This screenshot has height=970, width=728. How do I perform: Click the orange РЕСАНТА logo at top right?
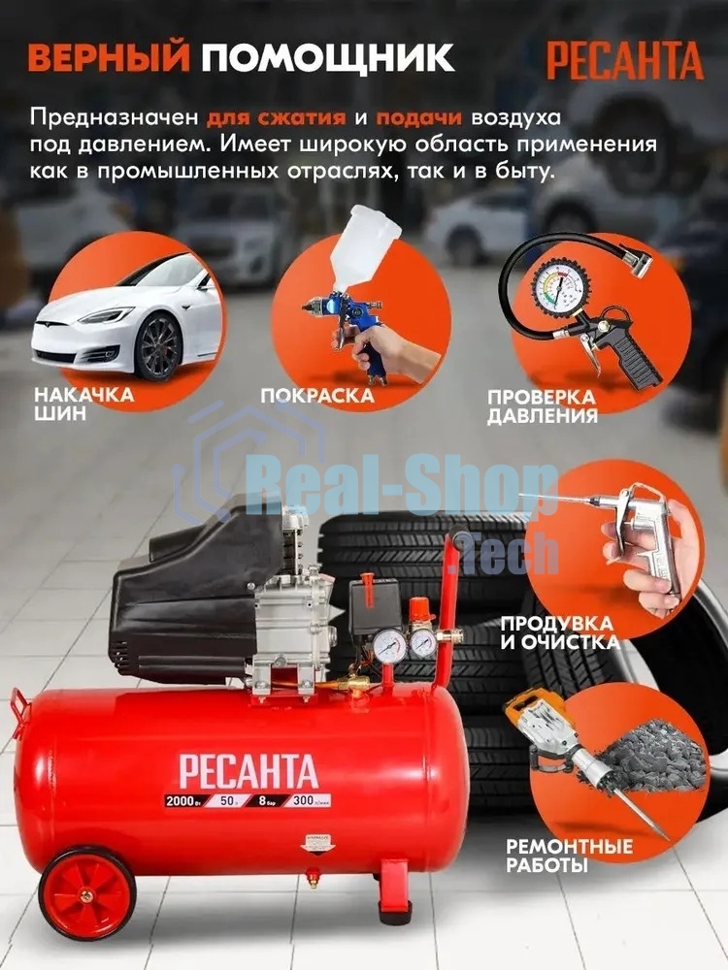[624, 60]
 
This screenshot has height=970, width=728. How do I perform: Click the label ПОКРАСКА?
[317, 396]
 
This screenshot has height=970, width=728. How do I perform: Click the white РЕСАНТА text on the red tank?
[248, 771]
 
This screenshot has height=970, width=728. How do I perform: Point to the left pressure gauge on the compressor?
[389, 646]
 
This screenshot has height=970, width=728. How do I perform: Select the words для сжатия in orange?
[277, 118]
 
